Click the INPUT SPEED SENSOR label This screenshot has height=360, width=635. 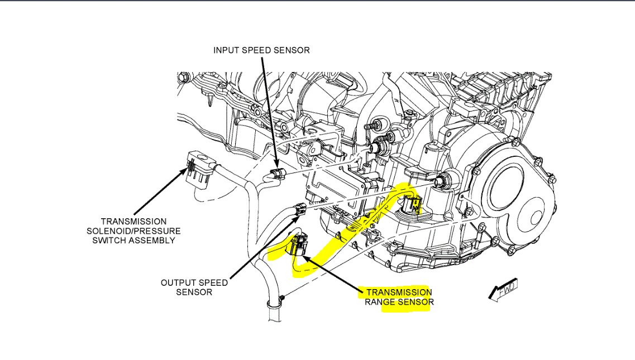261,50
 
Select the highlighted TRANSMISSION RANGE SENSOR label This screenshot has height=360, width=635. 399,297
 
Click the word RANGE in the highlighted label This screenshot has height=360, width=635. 380,303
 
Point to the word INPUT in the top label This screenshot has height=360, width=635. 227,50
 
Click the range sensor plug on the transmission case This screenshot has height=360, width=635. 412,205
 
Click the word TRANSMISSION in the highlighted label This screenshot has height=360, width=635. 399,292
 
